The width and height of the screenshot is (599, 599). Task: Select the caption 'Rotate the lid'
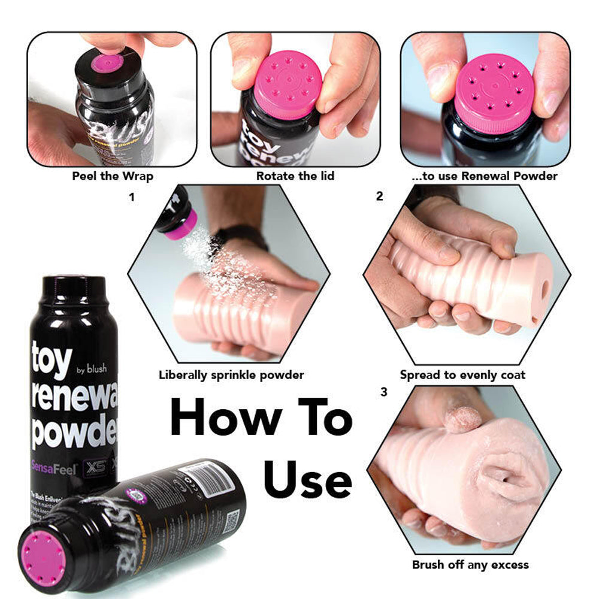coord(295,176)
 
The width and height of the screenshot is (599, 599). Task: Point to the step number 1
coord(131,196)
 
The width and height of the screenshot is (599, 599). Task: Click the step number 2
coord(379,196)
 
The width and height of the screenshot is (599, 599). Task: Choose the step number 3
coord(384,392)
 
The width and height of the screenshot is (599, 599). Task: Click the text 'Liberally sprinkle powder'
coord(231,376)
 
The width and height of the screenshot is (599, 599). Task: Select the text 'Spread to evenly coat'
coord(462,376)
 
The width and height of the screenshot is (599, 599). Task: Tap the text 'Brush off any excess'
coord(470,564)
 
